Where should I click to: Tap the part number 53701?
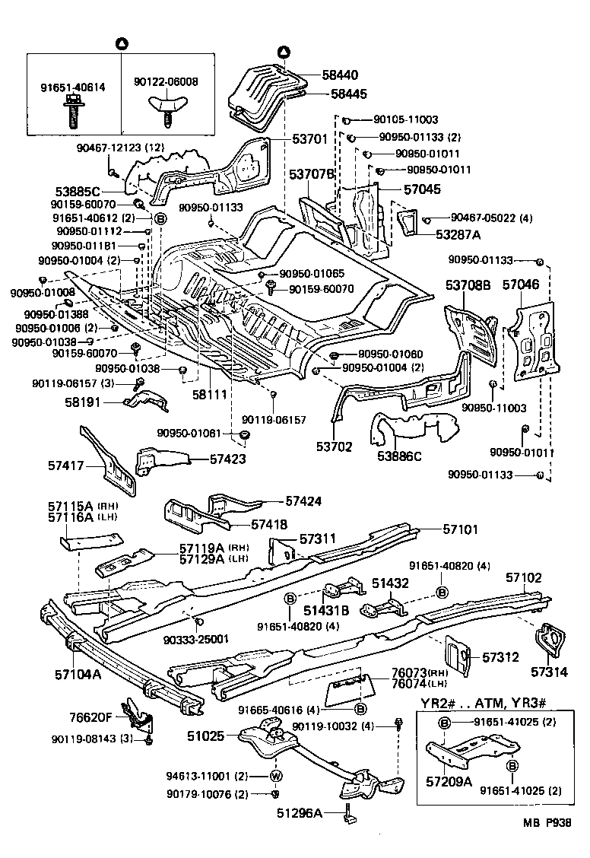[310, 139]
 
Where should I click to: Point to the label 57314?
[550, 672]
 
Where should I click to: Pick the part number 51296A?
[300, 814]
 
